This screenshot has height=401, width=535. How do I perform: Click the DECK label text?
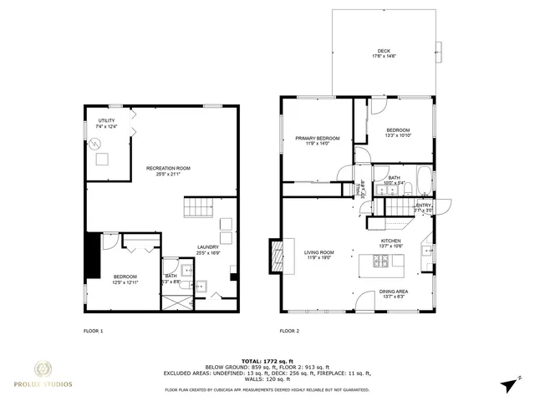click(x=384, y=51)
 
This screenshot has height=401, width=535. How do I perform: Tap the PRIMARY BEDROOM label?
click(x=317, y=138)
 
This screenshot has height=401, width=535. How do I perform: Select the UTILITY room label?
click(x=106, y=120)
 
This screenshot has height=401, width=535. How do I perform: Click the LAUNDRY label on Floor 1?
click(x=208, y=246)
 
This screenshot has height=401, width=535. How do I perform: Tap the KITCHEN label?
click(x=392, y=241)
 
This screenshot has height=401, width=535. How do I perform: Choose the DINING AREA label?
click(x=392, y=292)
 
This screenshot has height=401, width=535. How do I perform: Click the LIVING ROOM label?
click(x=318, y=252)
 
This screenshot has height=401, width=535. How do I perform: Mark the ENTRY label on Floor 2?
click(x=424, y=206)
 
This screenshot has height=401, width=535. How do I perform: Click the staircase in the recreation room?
click(x=199, y=207)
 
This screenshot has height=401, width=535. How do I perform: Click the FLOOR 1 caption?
click(x=93, y=331)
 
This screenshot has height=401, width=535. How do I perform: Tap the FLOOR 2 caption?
click(x=288, y=331)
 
